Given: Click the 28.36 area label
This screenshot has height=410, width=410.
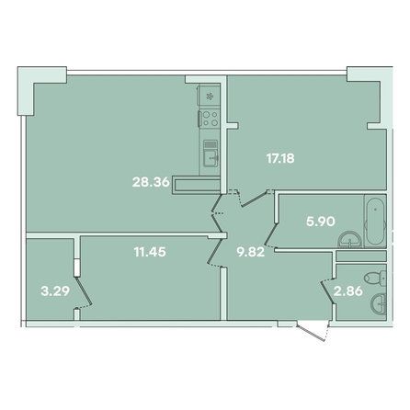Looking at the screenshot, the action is click(151, 182).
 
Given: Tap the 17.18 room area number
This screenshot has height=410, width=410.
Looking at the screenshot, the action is click(280, 159).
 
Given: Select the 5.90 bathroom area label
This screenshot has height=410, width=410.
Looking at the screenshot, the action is click(321, 221).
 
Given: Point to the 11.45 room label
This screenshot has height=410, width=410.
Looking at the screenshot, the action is click(150, 252).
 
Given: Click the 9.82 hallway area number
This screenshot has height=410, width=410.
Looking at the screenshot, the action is click(250, 252).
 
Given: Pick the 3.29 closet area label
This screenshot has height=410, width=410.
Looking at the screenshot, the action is click(55, 291).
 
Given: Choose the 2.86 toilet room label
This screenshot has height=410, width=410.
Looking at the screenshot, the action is click(348, 290).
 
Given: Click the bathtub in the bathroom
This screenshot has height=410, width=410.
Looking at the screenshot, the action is click(375, 221).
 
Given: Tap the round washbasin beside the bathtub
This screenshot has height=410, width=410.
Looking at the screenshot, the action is click(349, 240).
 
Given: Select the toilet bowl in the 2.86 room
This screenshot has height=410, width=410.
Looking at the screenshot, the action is click(375, 278).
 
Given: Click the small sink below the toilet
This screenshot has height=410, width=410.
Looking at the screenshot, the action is click(378, 303).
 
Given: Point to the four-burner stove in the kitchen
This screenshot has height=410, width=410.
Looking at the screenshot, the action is click(210, 119).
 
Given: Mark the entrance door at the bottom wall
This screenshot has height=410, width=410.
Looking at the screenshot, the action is click(313, 331).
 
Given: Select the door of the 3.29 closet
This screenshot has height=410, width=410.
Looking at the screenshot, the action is click(84, 292).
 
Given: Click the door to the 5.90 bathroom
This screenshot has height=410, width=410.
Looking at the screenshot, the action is click(271, 234).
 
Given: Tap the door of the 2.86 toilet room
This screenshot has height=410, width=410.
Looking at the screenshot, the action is click(328, 291).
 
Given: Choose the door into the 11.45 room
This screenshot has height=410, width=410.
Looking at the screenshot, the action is click(216, 251).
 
